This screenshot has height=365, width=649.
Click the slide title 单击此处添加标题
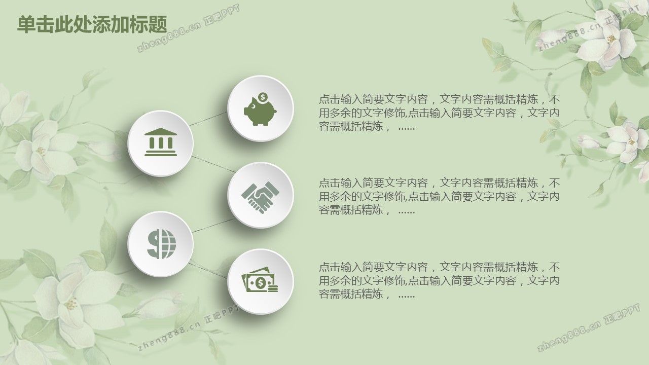point(92,24)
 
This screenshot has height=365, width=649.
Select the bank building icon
point(161,142)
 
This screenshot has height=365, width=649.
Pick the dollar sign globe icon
point(161,244)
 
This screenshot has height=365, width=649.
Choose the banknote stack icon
point(260,280)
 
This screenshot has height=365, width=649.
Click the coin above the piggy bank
point(263,97)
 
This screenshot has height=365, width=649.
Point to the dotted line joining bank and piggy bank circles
point(208,119)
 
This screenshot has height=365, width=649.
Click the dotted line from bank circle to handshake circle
point(214,164)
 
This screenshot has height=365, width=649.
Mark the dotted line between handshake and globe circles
point(214,226)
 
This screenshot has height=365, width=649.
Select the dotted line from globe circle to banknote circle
point(208,271)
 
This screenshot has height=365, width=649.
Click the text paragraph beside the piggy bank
point(439,113)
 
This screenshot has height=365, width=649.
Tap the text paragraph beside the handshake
point(439,196)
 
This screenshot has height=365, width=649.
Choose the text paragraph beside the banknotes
point(439,280)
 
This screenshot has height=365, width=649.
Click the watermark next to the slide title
point(188,28)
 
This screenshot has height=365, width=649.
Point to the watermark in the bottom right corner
point(588,327)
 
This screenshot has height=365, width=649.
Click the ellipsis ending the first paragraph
point(407,128)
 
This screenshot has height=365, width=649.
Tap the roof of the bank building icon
point(161,132)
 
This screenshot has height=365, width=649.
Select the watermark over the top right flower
point(588,28)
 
